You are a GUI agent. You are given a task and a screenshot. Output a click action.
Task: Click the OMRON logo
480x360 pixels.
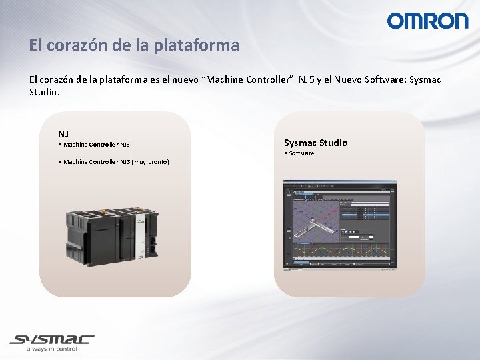427,21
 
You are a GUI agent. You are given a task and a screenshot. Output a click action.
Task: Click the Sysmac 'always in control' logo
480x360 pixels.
51,342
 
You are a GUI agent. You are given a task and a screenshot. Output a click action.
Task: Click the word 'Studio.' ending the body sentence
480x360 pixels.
45,92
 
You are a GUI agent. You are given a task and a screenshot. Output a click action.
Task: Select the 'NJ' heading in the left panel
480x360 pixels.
63,134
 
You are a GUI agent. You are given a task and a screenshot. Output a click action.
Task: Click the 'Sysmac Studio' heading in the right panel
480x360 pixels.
315,143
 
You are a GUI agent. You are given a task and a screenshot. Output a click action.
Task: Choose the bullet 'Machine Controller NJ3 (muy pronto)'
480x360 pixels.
115,162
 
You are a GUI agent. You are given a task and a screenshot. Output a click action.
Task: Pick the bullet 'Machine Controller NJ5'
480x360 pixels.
95,145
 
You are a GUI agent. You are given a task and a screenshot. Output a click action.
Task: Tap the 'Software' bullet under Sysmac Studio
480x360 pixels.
300,153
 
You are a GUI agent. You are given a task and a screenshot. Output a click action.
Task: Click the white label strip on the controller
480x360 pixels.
141,239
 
